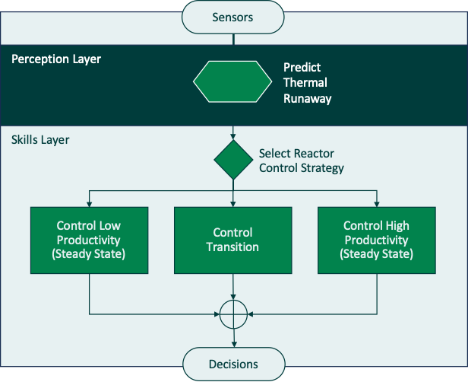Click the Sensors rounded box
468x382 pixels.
pyautogui.click(x=233, y=17)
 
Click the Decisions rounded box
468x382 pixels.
pyautogui.click(x=233, y=364)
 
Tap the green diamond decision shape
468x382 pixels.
pyautogui.click(x=233, y=160)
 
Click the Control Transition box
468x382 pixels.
pyautogui.click(x=233, y=240)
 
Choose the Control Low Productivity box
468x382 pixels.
pyautogui.click(x=89, y=240)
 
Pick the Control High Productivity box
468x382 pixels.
pyautogui.click(x=377, y=240)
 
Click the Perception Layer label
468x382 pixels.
pyautogui.click(x=56, y=59)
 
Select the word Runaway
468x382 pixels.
pyautogui.click(x=308, y=98)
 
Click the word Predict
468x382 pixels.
pyautogui.click(x=302, y=67)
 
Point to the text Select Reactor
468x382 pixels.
pyautogui.click(x=296, y=154)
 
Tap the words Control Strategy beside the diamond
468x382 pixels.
pyautogui.click(x=302, y=168)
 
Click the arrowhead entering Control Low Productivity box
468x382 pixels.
pyautogui.click(x=89, y=203)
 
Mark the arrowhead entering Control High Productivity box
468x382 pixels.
pyautogui.click(x=377, y=203)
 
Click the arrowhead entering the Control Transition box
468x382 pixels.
pyautogui.click(x=233, y=203)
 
